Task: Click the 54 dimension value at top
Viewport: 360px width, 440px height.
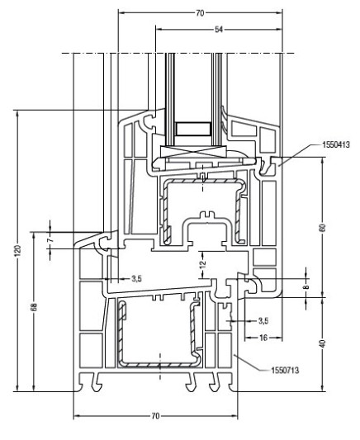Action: (219, 29)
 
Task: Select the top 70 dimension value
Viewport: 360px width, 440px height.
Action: (200, 13)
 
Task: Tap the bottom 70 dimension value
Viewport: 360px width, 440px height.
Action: (155, 416)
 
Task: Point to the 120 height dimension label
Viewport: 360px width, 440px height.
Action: (17, 251)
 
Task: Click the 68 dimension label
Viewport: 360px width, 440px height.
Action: (34, 307)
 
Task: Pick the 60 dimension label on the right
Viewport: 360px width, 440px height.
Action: (323, 227)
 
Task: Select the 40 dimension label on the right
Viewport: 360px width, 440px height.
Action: (323, 343)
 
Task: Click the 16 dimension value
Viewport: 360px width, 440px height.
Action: (263, 338)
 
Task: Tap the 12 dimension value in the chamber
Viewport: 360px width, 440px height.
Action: (203, 264)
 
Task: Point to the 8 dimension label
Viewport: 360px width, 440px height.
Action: (306, 286)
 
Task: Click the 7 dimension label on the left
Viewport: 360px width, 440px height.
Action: (50, 240)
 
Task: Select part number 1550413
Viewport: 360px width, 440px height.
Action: (336, 144)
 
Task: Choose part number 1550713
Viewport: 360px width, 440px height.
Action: (285, 371)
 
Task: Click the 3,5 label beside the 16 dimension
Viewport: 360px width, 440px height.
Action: (263, 320)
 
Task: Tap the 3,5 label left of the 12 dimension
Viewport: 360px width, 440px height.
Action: (136, 279)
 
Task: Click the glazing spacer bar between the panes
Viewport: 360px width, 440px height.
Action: (193, 129)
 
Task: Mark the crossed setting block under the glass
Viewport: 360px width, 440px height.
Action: (193, 152)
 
